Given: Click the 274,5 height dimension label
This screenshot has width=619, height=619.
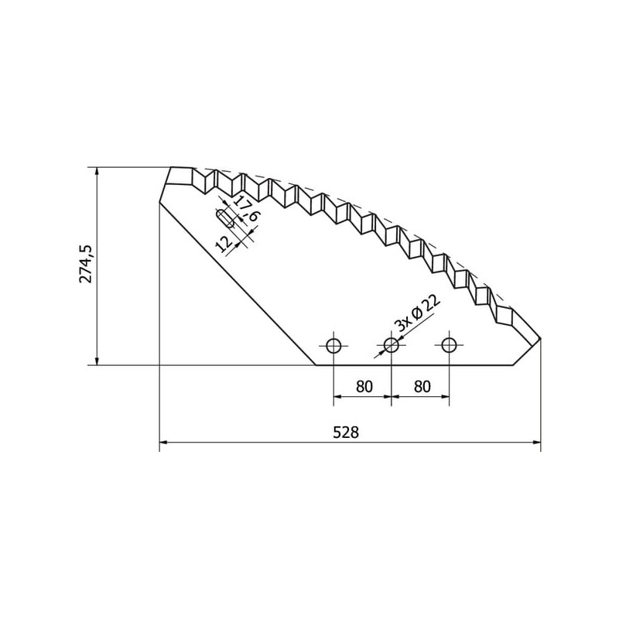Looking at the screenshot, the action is (x=86, y=264).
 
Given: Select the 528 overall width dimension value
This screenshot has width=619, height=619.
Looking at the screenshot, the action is (x=346, y=433).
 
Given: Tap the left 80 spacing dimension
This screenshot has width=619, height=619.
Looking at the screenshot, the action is (x=364, y=386).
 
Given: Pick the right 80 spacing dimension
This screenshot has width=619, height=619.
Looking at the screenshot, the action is (x=422, y=386).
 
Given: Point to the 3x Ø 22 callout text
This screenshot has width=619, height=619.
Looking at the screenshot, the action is (x=418, y=313).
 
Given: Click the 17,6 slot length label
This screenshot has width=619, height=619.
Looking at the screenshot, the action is (x=246, y=208).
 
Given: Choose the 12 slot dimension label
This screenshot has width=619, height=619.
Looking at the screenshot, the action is (x=224, y=245).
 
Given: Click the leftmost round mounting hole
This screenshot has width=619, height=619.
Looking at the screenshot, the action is (x=333, y=345).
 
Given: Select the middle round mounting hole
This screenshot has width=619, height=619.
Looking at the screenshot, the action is (x=392, y=345).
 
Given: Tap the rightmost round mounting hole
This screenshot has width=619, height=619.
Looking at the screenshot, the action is (x=449, y=345).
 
